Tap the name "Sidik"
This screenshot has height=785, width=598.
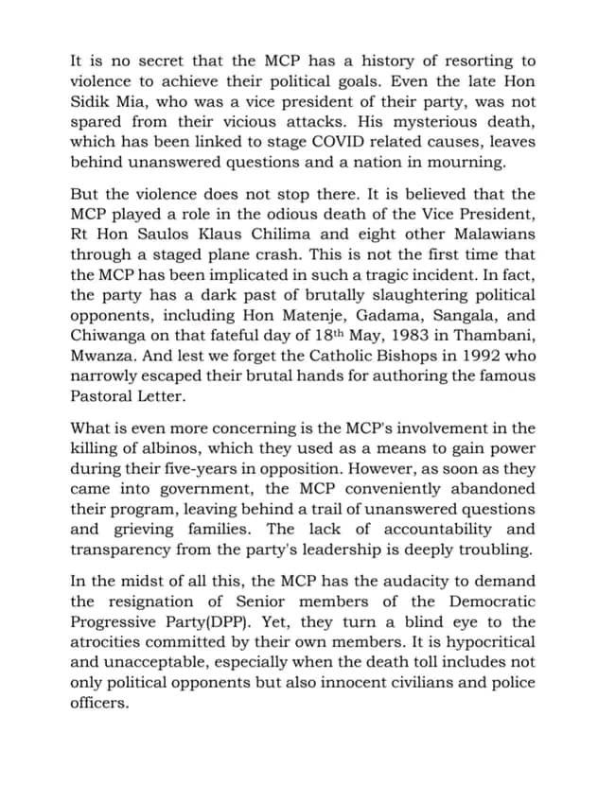96,101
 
